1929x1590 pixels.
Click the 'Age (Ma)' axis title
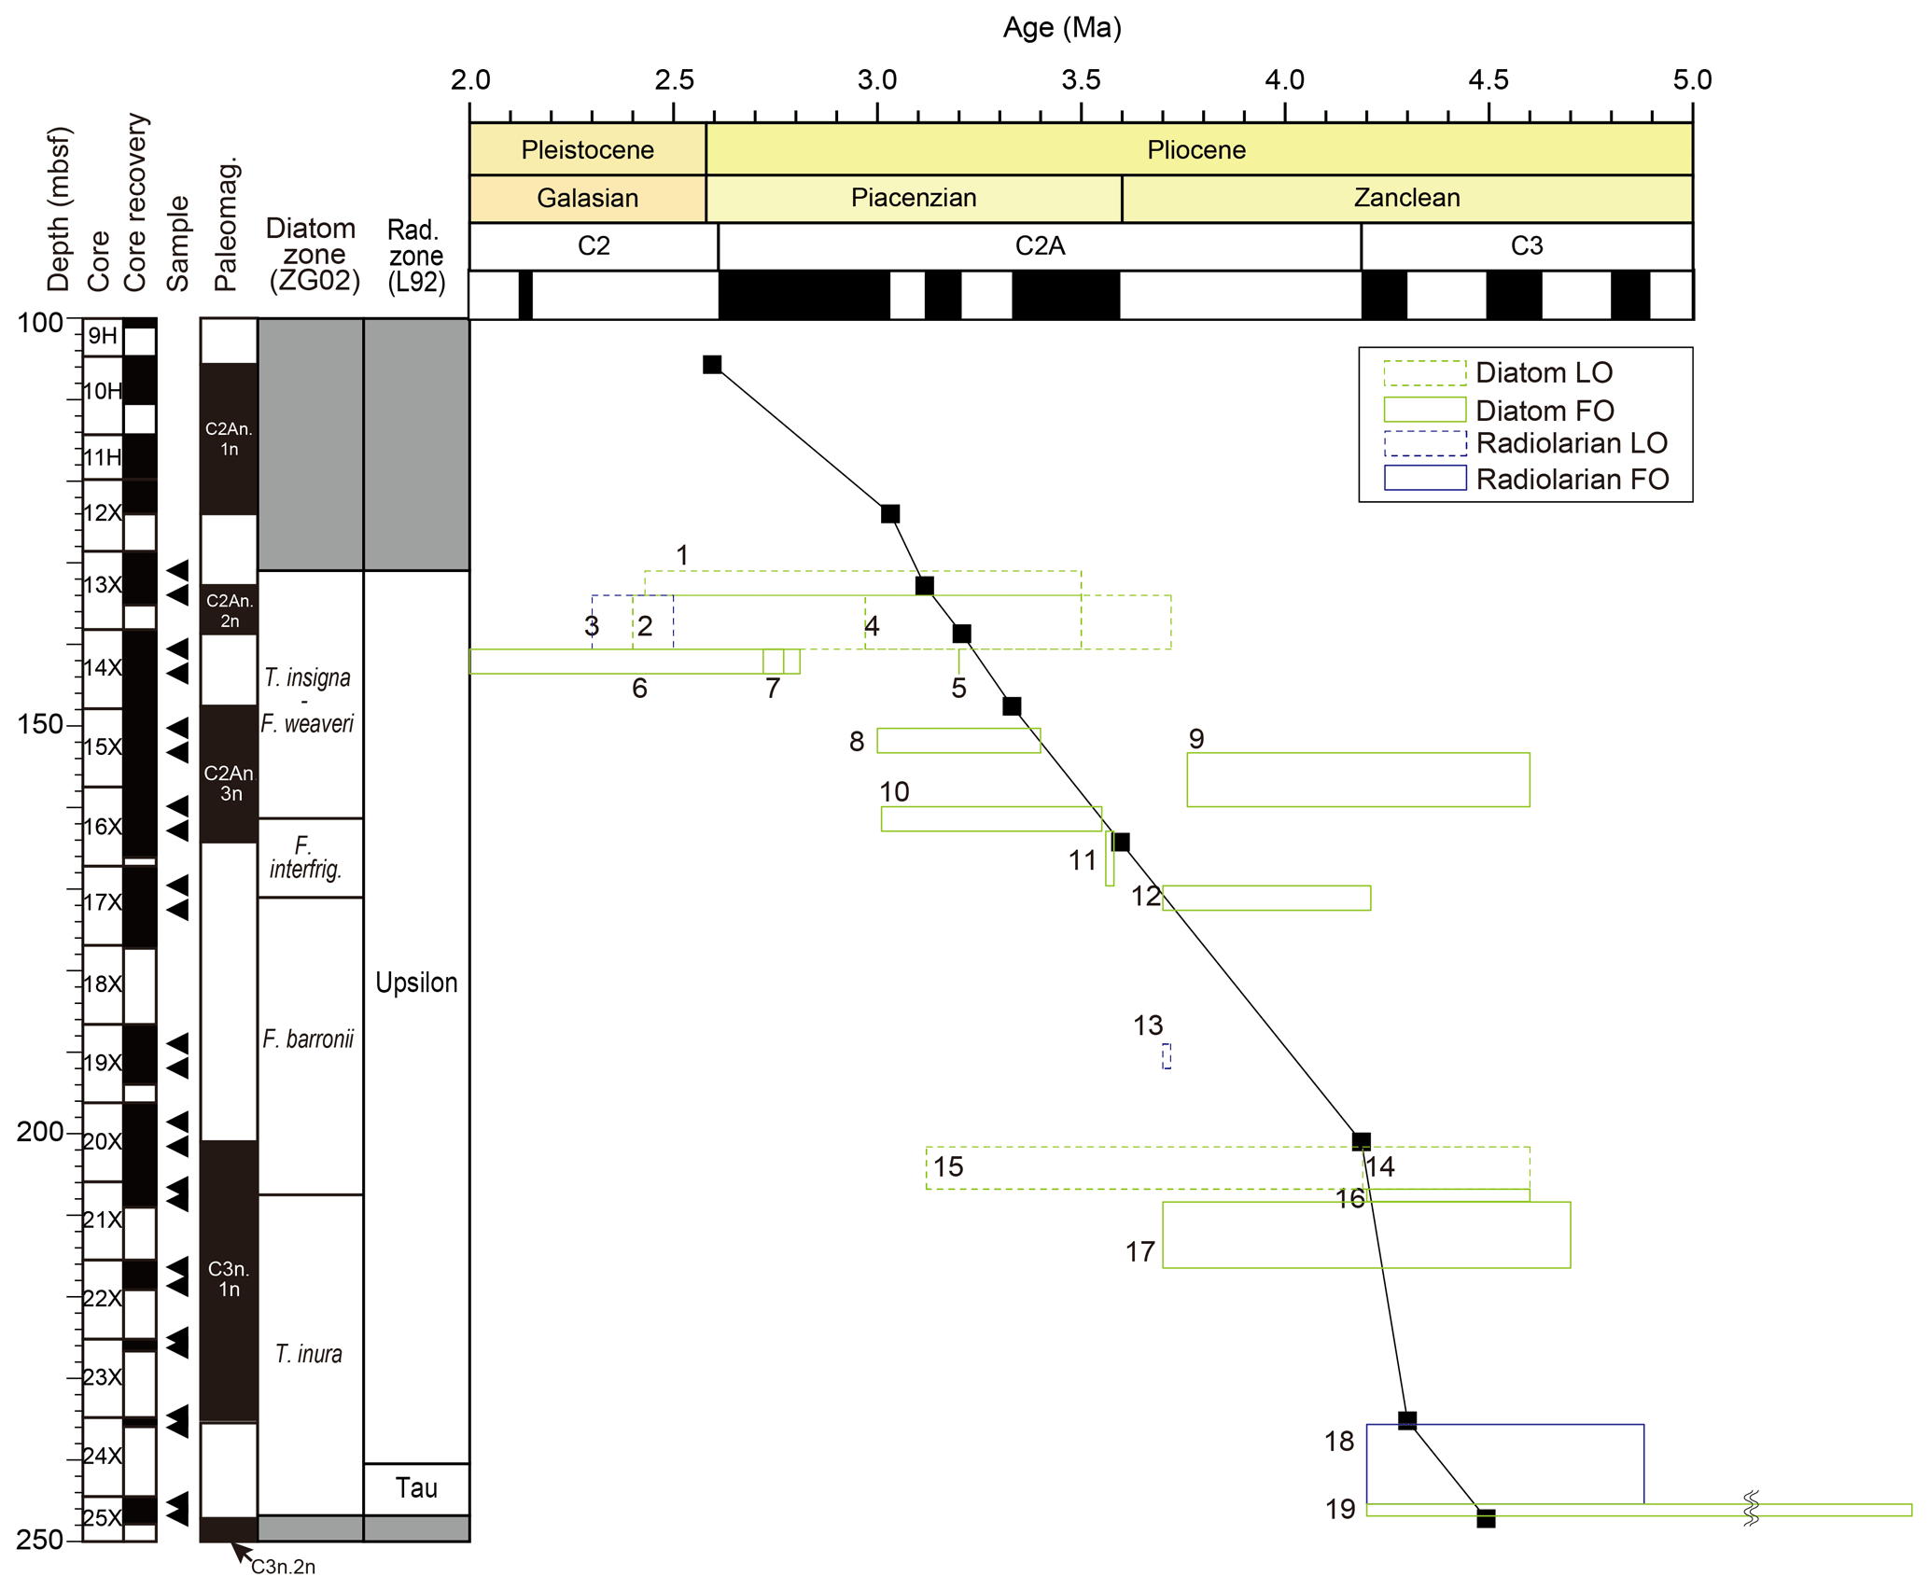[x=1061, y=28]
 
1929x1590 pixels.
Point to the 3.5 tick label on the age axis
[x=1081, y=80]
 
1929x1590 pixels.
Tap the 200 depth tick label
[x=39, y=1132]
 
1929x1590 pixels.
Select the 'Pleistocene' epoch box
[x=587, y=149]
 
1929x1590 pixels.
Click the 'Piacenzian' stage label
[x=913, y=198]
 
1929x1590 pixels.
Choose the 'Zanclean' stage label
[x=1406, y=198]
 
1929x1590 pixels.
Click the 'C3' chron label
[x=1526, y=245]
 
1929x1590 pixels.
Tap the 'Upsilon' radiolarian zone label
[x=416, y=982]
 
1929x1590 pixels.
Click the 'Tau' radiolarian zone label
[x=416, y=1487]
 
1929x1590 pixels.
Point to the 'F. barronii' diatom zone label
[x=308, y=1039]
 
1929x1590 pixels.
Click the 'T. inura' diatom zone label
[x=309, y=1353]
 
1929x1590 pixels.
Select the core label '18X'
[x=103, y=983]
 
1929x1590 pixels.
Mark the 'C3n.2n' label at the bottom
[x=283, y=1567]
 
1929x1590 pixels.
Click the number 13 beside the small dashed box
[x=1148, y=1025]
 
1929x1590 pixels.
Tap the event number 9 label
[x=1196, y=738]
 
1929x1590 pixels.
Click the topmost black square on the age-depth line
[x=712, y=364]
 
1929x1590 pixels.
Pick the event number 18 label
[x=1339, y=1442]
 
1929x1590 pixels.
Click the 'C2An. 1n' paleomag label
[x=229, y=439]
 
